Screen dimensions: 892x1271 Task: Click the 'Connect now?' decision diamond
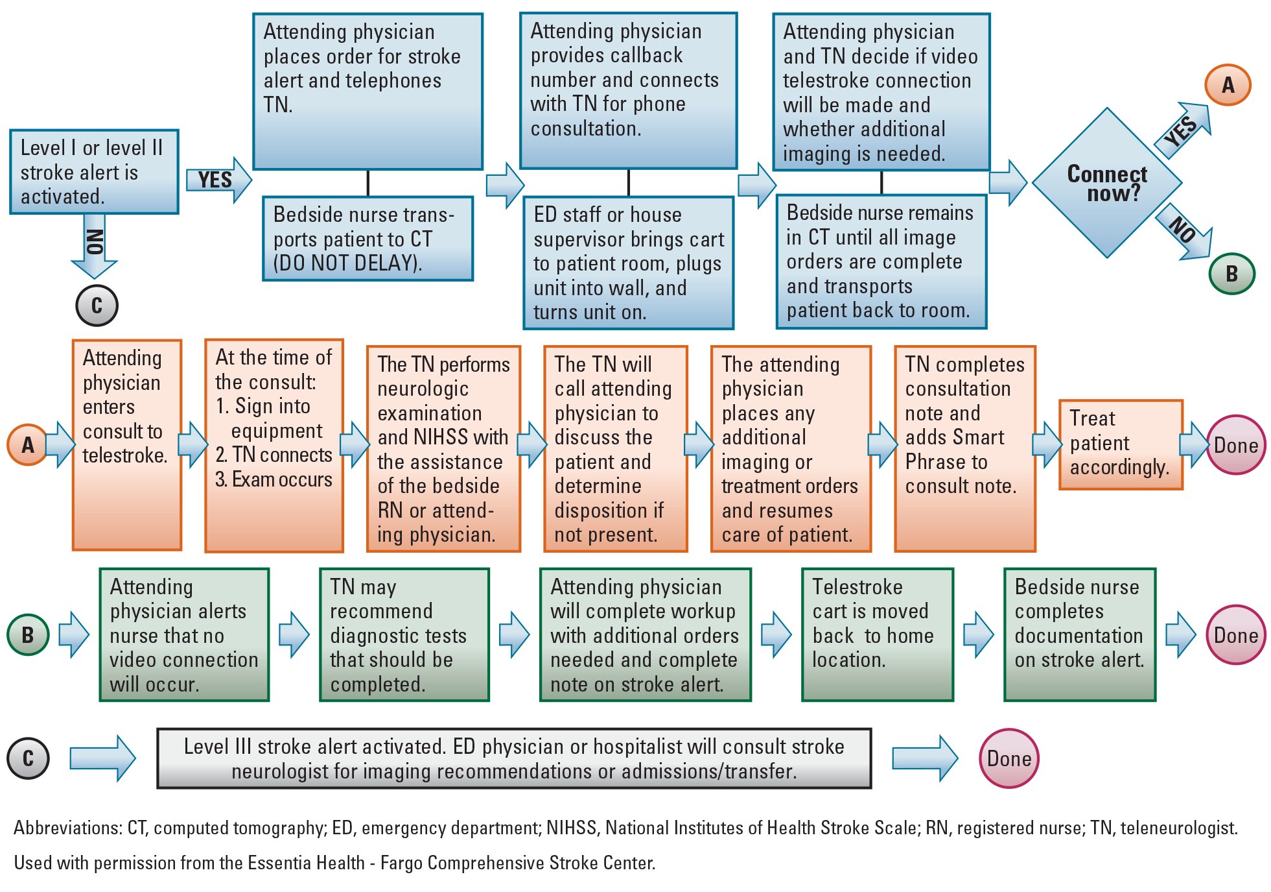coord(1106,184)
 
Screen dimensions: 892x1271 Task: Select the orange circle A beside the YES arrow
coord(1228,85)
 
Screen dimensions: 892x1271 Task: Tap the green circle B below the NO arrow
coord(1231,273)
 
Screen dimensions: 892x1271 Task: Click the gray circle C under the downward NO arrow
coord(97,305)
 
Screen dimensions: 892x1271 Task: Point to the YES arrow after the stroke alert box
coord(218,180)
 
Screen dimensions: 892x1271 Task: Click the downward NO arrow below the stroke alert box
coord(95,250)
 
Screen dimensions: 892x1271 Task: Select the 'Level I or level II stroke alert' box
coord(94,172)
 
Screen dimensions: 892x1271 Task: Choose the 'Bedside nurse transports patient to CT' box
coord(367,239)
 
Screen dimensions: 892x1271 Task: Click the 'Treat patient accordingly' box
coord(1121,444)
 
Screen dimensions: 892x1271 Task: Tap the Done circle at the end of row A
coord(1235,445)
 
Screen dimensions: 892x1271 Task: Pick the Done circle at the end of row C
coord(1009,758)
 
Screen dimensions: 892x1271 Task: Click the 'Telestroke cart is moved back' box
coord(877,634)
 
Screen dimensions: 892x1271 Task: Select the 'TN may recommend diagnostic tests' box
coord(404,634)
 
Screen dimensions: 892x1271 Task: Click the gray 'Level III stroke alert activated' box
coord(514,758)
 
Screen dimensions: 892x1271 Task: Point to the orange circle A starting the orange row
coord(27,445)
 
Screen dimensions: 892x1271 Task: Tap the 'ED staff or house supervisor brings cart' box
coord(628,263)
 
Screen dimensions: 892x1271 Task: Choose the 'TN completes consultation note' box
coord(964,448)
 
